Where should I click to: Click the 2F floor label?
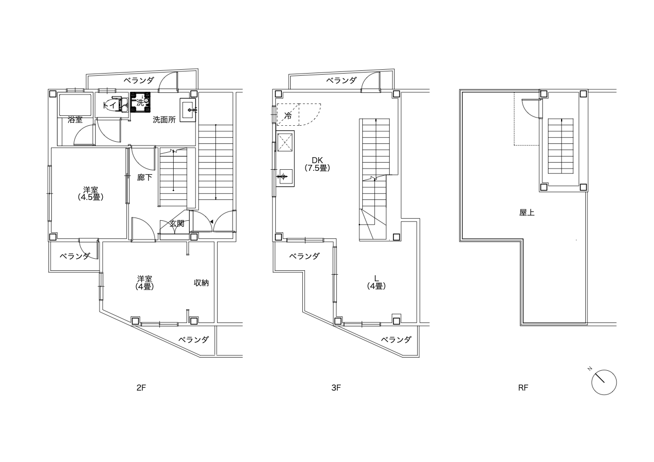pos(141,388)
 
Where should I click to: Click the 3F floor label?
pos(336,388)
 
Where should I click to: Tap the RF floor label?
pos(523,388)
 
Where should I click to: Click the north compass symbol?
pos(603,382)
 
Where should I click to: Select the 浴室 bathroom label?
pos(75,120)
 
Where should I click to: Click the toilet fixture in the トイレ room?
pos(122,105)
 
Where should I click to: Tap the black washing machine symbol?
pos(140,103)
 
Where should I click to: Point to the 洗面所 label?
pos(164,120)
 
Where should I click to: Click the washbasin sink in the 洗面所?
pos(188,110)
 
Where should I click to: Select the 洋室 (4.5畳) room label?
pos(91,193)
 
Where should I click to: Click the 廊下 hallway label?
pos(145,177)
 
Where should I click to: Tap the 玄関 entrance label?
pos(177,224)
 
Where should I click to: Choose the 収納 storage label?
pos(201,283)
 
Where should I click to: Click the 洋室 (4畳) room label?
pos(145,283)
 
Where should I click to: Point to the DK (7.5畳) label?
pos(318,164)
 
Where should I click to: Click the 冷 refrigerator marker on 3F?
pos(288,115)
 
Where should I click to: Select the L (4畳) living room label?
pos(376,282)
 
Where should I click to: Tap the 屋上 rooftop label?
pos(527,213)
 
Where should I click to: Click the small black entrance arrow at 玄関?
pos(212,221)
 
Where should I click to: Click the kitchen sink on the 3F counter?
pos(283,177)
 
